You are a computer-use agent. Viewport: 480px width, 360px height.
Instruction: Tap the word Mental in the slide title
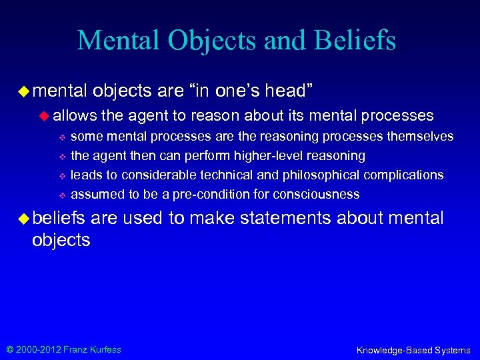121,39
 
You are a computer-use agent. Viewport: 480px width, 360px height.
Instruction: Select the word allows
75,115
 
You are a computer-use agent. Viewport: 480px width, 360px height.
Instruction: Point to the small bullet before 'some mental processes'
61,137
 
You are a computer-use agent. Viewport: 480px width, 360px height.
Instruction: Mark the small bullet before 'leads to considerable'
61,176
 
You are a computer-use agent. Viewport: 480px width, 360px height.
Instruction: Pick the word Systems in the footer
452,350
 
